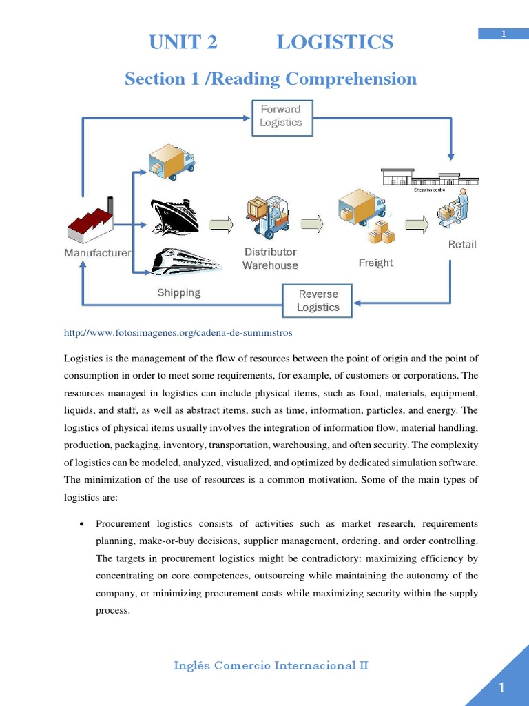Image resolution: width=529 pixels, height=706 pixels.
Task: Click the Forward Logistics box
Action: coord(280,116)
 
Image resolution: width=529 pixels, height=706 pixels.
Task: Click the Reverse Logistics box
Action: coord(318,301)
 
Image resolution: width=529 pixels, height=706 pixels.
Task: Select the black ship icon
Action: coord(174,216)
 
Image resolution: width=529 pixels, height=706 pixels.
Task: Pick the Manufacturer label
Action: coord(97,253)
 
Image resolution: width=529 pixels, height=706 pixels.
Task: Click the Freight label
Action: coord(375,263)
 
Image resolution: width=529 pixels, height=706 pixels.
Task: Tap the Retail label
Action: coord(461,244)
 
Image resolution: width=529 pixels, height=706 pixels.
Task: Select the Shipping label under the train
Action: coord(178,293)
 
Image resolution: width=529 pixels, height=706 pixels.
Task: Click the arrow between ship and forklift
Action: coord(222,224)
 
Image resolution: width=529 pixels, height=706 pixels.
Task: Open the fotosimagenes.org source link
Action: coord(178,333)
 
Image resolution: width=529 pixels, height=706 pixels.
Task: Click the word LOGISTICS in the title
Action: coord(335,43)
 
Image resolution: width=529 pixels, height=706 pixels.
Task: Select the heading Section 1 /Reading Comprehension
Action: coord(271,79)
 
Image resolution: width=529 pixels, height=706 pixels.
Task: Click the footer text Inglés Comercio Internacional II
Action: coord(271,665)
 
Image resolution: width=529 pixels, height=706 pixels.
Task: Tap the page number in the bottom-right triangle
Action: coord(501,687)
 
